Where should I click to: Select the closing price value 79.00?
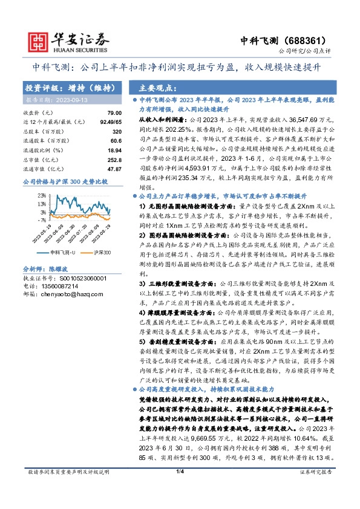pyautogui.click(x=114, y=113)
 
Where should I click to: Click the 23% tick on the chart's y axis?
pyautogui.click(x=42, y=195)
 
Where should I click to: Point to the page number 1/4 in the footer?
pyautogui.click(x=180, y=488)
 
